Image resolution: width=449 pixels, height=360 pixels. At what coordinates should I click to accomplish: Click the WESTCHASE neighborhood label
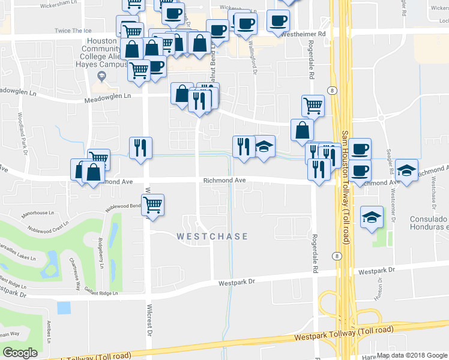[212, 236]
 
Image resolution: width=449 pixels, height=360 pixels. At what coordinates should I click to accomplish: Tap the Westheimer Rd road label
[306, 34]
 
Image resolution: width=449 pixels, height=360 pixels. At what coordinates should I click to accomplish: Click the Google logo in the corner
[20, 353]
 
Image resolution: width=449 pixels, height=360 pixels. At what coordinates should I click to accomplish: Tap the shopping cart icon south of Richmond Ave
[152, 205]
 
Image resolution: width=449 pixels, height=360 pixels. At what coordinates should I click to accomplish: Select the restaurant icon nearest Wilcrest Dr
[140, 148]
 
